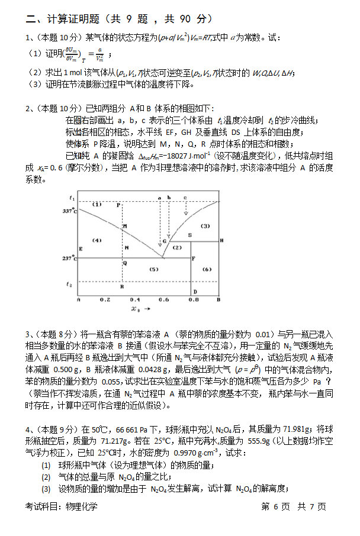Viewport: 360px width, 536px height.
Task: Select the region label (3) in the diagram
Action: click(205, 226)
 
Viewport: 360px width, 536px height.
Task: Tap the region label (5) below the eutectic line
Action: click(153, 269)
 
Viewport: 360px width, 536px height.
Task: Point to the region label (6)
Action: click(207, 269)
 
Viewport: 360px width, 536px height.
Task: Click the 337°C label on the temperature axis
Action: click(70, 211)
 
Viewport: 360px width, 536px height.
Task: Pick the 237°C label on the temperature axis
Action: click(70, 259)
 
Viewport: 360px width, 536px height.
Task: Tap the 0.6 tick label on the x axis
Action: click(163, 300)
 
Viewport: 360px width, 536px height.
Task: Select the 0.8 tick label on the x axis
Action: click(193, 300)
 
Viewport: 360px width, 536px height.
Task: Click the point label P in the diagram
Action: click(118, 205)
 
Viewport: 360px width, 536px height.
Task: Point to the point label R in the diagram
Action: click(121, 287)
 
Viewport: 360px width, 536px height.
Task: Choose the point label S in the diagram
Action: click(189, 235)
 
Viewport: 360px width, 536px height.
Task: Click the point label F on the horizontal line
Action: click(194, 259)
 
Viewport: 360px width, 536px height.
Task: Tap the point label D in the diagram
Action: click(195, 292)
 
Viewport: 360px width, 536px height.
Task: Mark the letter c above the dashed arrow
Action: click(185, 197)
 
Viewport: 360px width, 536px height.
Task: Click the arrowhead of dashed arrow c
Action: click(185, 213)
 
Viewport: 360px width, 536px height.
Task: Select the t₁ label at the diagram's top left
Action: click(72, 197)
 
